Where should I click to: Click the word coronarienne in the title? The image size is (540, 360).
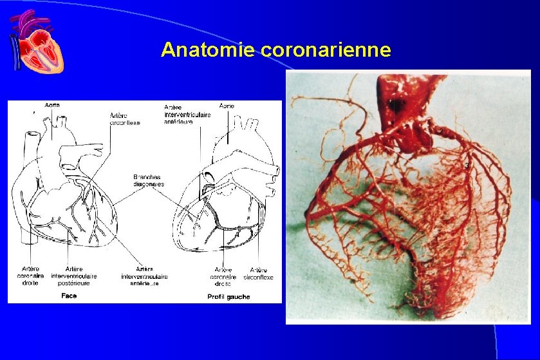pos(326,50)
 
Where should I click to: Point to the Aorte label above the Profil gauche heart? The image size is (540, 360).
pos(227,105)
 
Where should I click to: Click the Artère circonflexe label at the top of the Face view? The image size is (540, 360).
pos(126,118)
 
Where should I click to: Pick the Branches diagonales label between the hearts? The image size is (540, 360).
pos(148,180)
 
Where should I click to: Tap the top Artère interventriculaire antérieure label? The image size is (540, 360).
pos(187,114)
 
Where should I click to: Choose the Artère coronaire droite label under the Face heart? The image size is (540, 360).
pos(30,276)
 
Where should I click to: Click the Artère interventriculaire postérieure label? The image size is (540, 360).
pos(82,276)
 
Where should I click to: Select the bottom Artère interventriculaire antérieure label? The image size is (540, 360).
pos(144,276)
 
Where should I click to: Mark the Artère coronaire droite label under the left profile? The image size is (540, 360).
pos(223,277)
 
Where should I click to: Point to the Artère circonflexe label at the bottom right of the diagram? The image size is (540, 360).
pos(259,274)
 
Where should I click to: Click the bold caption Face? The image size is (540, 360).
pos(70,296)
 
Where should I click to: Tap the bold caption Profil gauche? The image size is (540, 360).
pos(228,297)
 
